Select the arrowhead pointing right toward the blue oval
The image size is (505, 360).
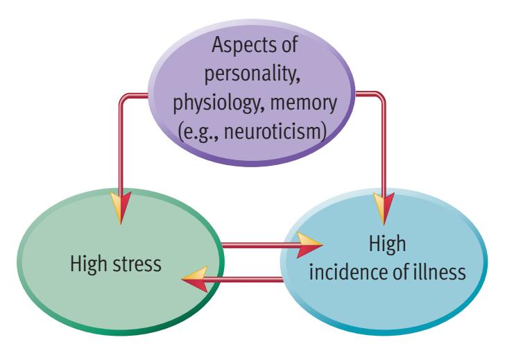tap(311, 243)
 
